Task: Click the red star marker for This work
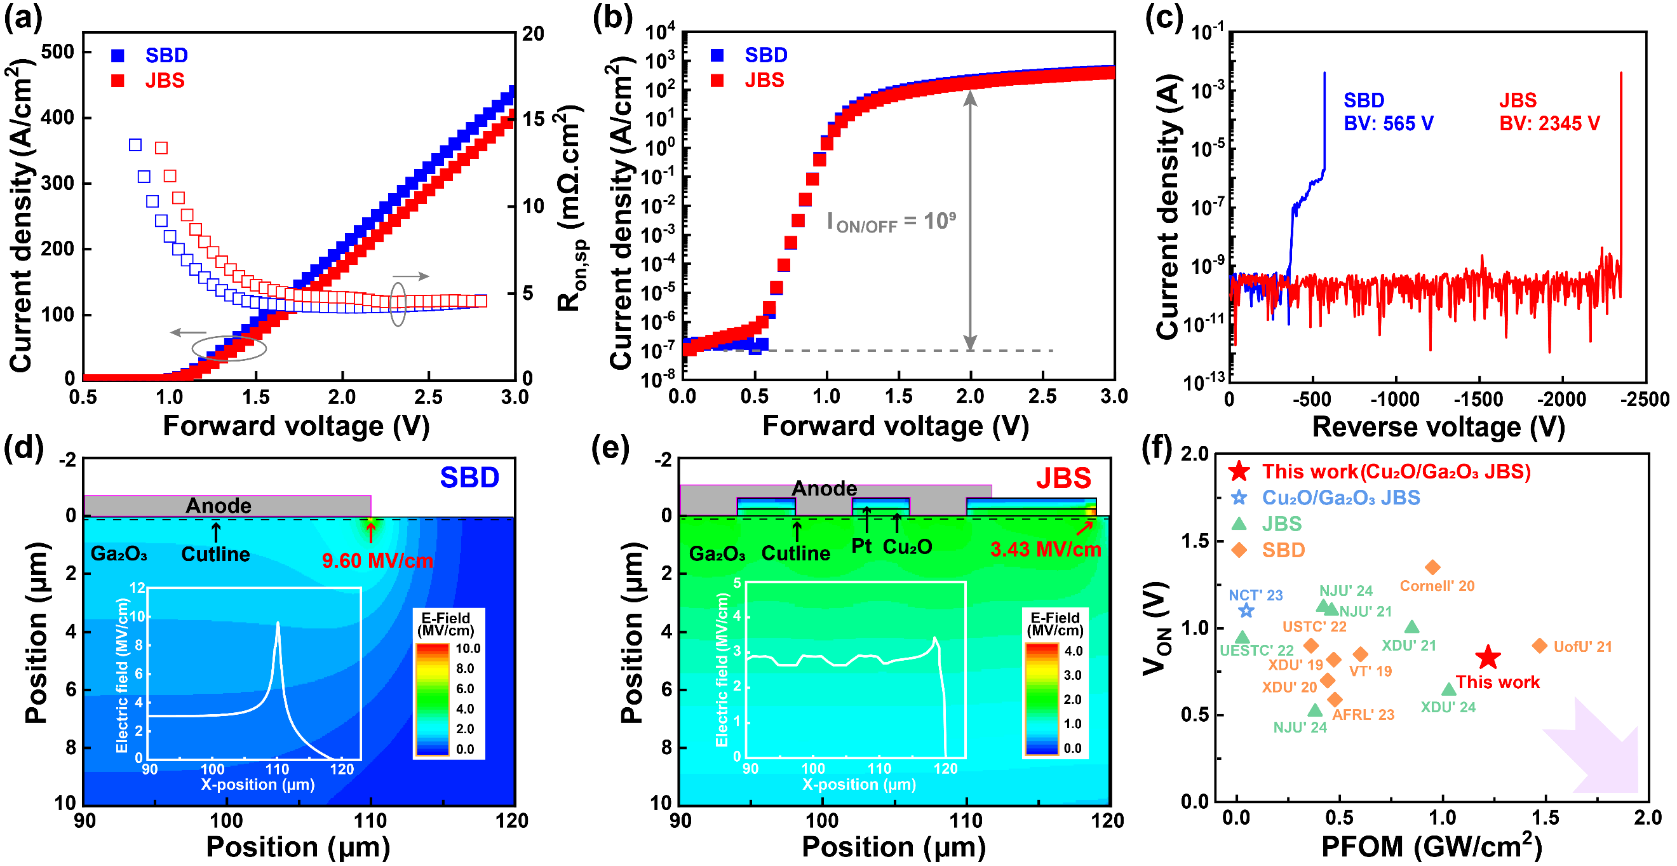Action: [1488, 657]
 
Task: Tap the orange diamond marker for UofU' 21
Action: [1539, 646]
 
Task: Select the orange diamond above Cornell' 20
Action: [1432, 567]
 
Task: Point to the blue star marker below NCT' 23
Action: [1246, 610]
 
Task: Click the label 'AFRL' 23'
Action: [1363, 714]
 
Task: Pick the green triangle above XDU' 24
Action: [1448, 689]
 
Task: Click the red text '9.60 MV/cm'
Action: [377, 560]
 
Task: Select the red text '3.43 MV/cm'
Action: [1045, 550]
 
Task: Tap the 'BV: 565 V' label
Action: [1388, 123]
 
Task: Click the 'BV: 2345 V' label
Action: [1549, 123]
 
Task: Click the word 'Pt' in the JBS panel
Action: [861, 546]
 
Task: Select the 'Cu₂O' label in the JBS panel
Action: [907, 547]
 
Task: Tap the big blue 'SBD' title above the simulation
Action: [469, 477]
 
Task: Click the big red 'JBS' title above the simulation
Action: [1063, 478]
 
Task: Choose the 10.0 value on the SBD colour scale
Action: [468, 649]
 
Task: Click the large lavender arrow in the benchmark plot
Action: [1595, 749]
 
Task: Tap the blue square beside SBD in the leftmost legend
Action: [118, 55]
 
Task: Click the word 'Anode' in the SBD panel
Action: [218, 506]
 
